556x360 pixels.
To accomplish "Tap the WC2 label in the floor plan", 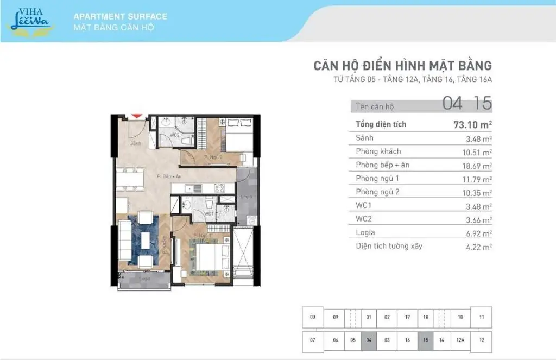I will (175, 135).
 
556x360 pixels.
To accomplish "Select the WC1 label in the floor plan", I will (209, 213).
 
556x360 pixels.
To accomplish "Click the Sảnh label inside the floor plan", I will (136, 143).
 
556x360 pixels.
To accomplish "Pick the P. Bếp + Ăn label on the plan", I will (169, 176).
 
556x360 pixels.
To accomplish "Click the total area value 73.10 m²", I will (472, 124).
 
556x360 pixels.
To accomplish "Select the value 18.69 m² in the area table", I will (477, 165).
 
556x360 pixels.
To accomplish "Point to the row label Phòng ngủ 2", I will (378, 192).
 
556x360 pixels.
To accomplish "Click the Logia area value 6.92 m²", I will (477, 233).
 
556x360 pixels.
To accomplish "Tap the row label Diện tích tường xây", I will (389, 246).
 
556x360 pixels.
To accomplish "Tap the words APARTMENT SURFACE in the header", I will (120, 16).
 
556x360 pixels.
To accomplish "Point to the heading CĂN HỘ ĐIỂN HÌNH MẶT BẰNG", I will (402, 66).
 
